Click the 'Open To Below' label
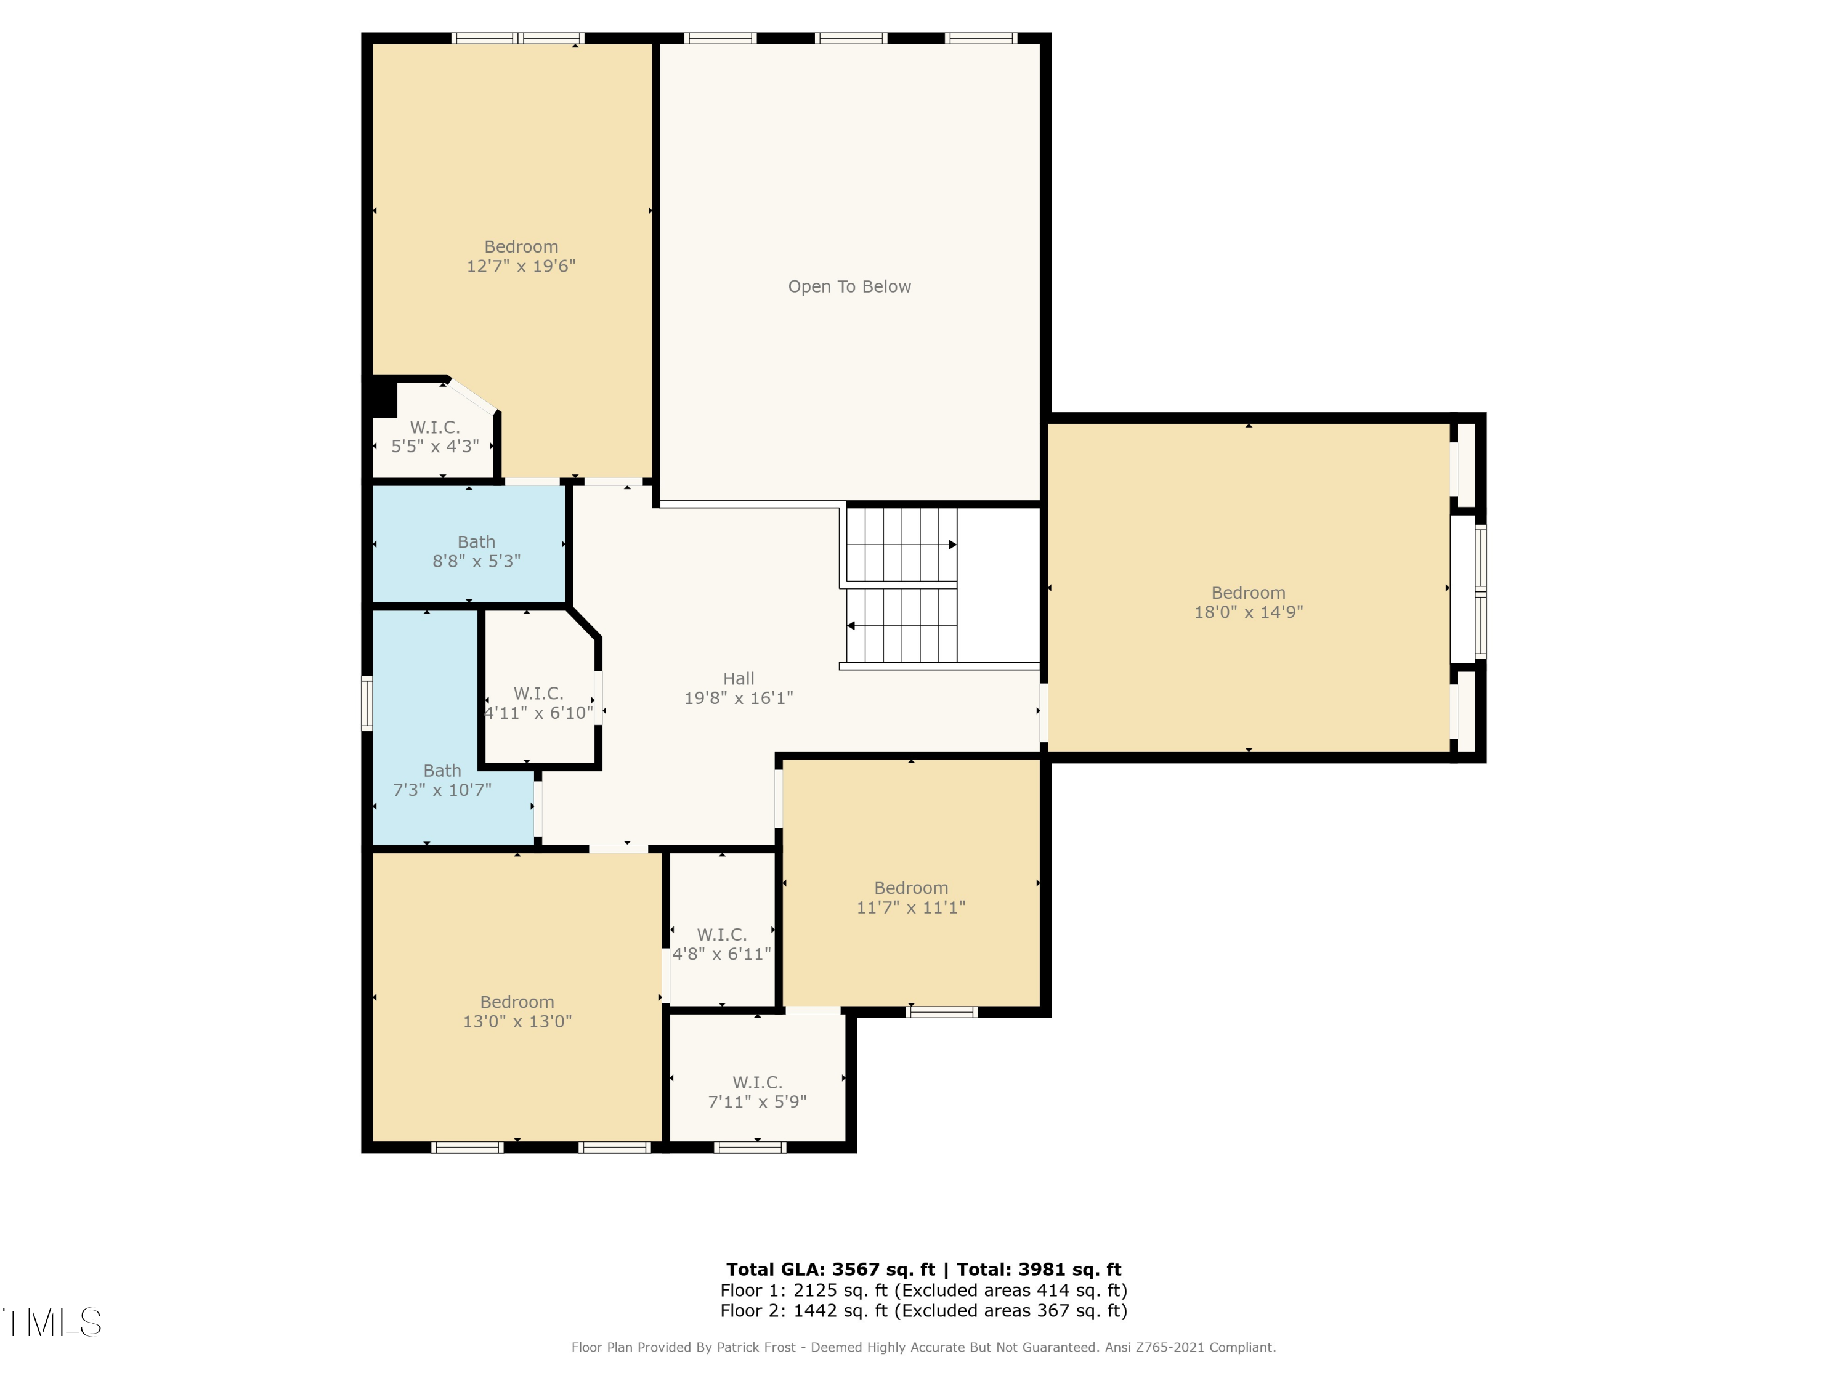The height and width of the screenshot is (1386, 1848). click(849, 286)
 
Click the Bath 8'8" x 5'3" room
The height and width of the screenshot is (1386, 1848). click(476, 551)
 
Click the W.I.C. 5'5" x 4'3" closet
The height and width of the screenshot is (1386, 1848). click(434, 437)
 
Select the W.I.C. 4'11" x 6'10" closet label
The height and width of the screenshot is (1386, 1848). click(538, 703)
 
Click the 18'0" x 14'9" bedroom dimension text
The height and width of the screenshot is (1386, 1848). click(1248, 612)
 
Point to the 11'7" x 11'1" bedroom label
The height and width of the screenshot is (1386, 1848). click(910, 898)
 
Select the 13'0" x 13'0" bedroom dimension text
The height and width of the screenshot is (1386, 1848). click(517, 1021)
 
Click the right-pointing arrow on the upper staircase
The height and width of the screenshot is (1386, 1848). click(952, 545)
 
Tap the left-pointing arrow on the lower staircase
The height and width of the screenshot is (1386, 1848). click(851, 626)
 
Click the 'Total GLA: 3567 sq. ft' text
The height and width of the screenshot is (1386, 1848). click(830, 1270)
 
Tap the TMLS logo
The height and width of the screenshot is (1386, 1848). click(52, 1323)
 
